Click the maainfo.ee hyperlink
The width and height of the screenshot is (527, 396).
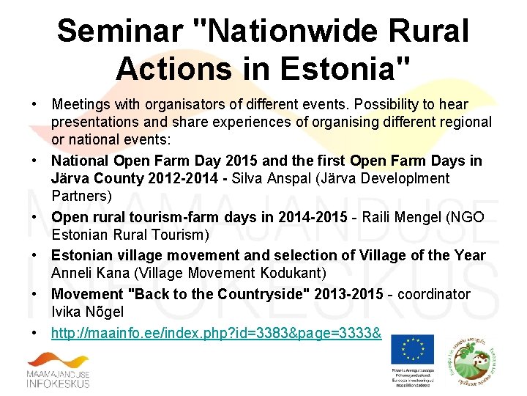(x=216, y=333)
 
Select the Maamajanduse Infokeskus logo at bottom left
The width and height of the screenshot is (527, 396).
(x=59, y=370)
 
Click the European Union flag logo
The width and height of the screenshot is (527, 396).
(x=412, y=349)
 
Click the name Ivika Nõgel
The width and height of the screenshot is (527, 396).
(x=87, y=312)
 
